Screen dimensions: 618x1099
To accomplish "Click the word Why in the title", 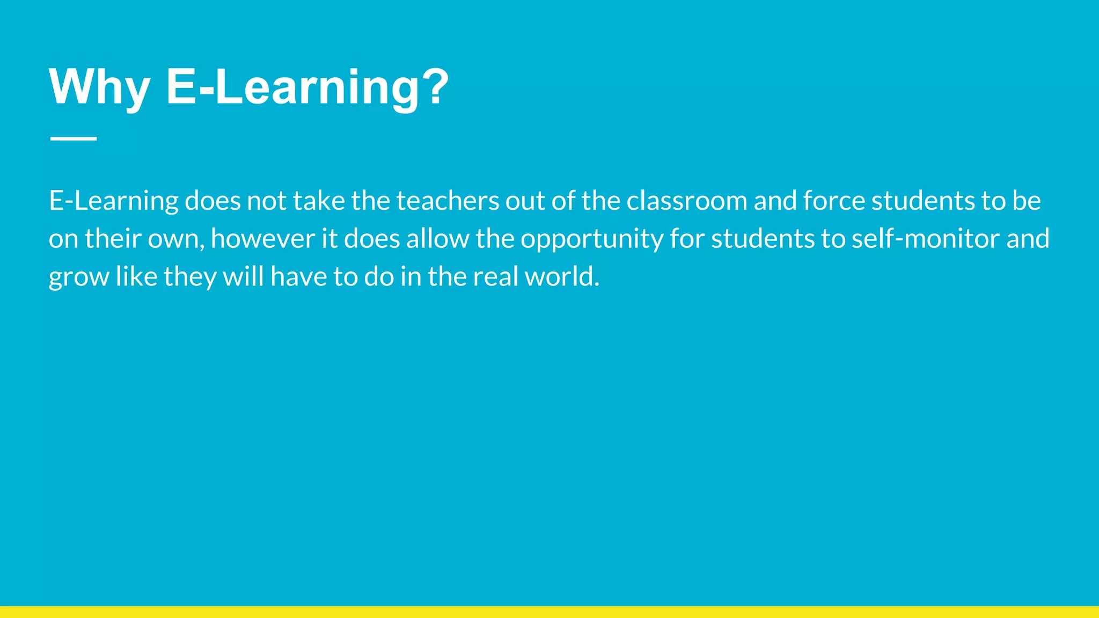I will pos(99,87).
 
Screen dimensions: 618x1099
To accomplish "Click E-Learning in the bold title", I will pos(293,87).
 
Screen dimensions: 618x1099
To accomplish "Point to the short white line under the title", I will pos(74,138).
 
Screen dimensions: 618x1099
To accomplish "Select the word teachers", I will pos(448,201).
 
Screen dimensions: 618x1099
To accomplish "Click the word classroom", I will pos(686,201).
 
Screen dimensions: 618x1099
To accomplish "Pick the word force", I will pos(834,201).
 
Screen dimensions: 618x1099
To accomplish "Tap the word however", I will pos(262,239).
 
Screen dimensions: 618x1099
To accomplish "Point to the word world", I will pos(561,277).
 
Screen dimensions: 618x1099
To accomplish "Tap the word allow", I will pos(437,239).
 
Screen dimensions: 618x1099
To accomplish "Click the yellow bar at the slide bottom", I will pos(549,612).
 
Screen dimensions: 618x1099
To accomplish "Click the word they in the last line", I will pos(190,277).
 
